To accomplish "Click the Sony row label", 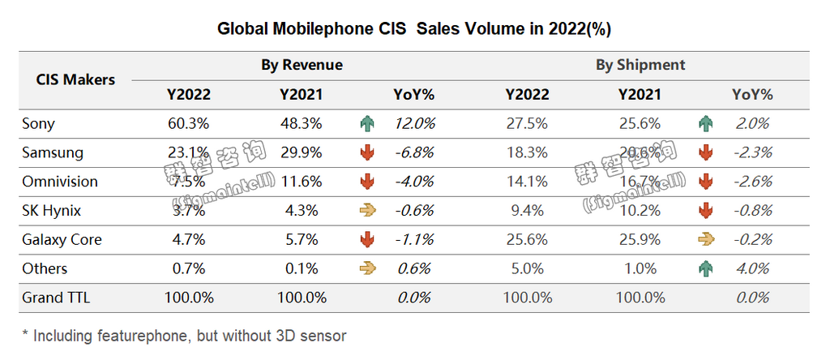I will (38, 124).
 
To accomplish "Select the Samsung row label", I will (52, 152).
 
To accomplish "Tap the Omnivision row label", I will (59, 182).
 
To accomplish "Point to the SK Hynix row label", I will (50, 211).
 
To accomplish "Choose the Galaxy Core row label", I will (62, 240).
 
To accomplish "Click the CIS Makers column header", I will (75, 79).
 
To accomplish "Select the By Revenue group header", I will (302, 65).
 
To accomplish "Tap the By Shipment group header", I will (640, 65).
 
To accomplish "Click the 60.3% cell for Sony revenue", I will (188, 124).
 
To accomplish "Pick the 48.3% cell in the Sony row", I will (301, 124).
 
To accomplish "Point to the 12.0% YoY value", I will (414, 124).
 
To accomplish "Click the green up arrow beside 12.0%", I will (366, 124).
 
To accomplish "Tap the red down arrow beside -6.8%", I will (366, 152).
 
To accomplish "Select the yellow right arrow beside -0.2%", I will (705, 240).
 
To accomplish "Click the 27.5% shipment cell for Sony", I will (527, 124).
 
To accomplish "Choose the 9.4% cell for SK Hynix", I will (527, 211).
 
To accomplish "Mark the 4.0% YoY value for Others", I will (751, 269).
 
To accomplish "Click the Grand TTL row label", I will (56, 298).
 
